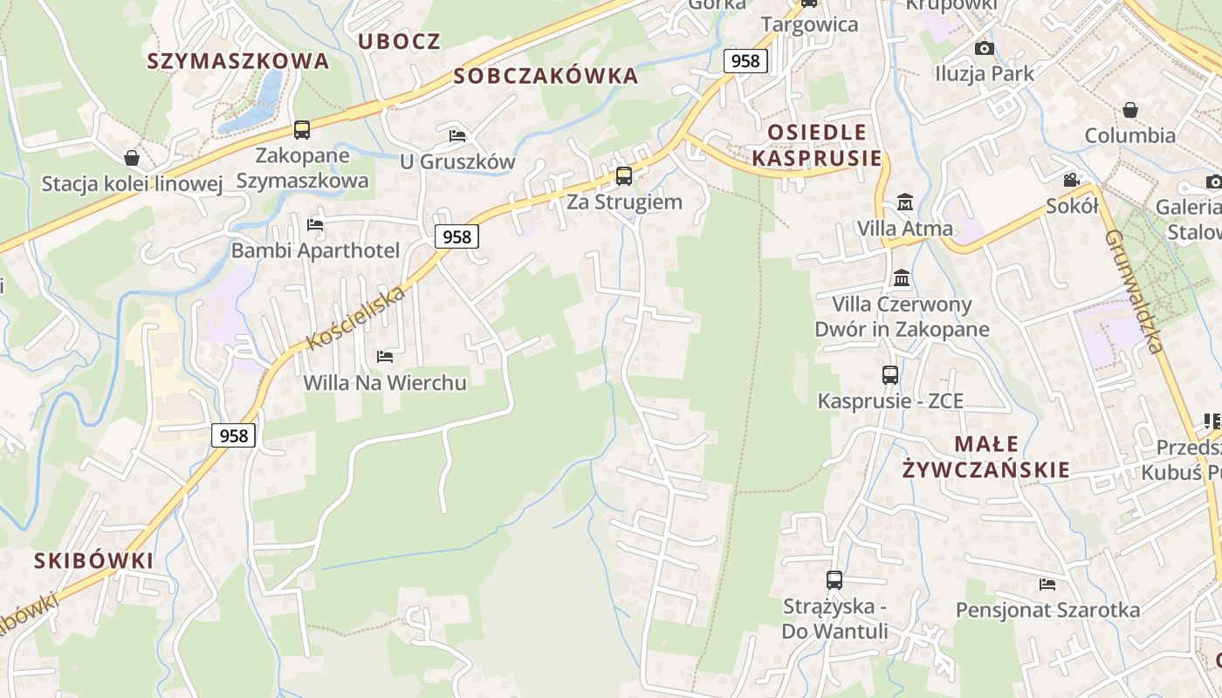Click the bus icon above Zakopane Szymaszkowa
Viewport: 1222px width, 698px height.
point(302,130)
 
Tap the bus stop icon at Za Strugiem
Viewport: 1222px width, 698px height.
point(624,175)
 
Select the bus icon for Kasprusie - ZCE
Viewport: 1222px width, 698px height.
point(890,374)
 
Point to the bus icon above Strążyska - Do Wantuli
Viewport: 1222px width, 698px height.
point(834,579)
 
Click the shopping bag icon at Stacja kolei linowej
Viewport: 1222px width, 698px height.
point(132,158)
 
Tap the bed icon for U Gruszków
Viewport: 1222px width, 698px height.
point(457,135)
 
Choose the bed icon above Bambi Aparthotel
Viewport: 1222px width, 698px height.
point(315,225)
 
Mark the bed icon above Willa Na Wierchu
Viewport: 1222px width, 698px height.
point(384,356)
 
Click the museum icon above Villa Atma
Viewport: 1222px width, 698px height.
point(905,202)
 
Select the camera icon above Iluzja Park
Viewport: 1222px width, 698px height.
point(985,48)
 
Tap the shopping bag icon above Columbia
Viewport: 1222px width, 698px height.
point(1130,110)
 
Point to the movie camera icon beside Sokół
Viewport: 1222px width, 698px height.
point(1071,181)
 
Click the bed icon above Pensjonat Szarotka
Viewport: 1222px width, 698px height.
point(1047,584)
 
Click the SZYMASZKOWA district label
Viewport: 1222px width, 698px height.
point(238,61)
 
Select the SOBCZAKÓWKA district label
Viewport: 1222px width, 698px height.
point(546,76)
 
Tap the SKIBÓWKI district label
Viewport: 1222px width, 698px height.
point(93,560)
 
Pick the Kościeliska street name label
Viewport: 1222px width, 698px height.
point(356,318)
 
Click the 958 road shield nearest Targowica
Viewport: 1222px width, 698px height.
point(745,60)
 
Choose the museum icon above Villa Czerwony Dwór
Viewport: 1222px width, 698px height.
point(902,278)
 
